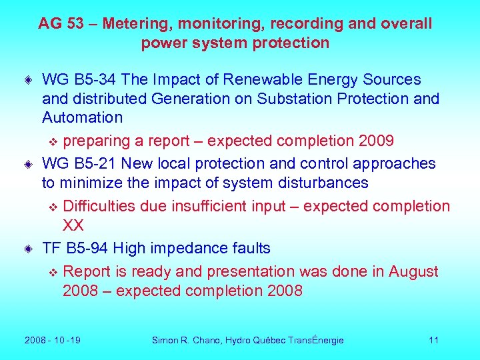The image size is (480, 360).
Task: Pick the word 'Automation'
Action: coord(82,118)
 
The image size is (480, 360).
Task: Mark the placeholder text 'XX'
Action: coord(73,225)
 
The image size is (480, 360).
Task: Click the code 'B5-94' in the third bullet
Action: coord(88,249)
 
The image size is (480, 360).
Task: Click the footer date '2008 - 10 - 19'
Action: coord(53,341)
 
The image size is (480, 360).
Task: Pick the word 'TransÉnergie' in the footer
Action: coord(316,341)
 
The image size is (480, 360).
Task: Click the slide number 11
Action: coord(433,341)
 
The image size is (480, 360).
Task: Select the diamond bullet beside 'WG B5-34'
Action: coord(28,80)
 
